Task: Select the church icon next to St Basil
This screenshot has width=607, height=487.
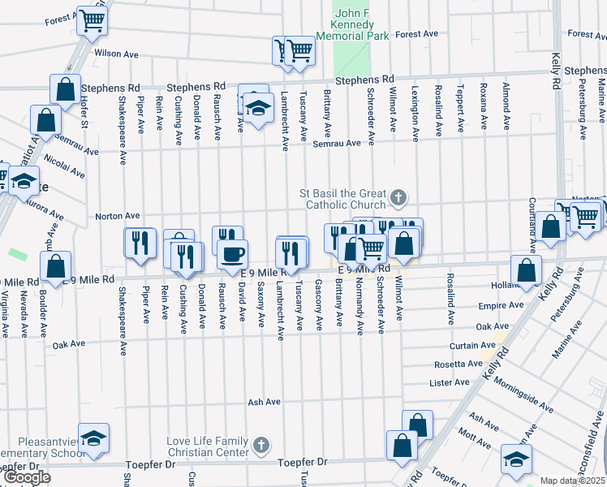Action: (x=398, y=197)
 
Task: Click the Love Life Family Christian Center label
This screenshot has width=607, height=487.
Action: (x=208, y=446)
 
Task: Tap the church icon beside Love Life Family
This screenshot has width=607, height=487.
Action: (x=260, y=445)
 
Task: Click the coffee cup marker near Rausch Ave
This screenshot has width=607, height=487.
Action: (x=232, y=253)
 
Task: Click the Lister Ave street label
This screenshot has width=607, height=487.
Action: (x=450, y=382)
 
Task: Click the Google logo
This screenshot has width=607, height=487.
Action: (x=27, y=476)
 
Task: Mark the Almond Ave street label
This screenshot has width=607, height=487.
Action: (x=506, y=106)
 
